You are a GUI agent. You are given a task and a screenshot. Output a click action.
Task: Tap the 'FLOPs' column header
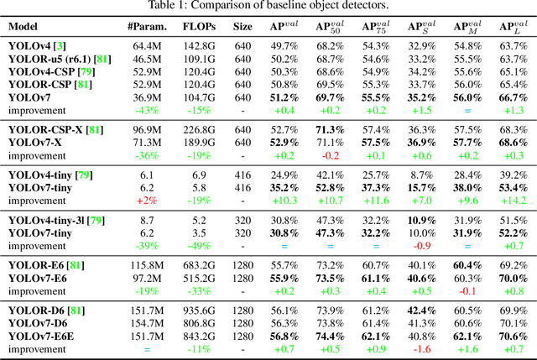coord(198,26)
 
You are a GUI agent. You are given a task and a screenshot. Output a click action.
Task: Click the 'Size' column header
coord(242,26)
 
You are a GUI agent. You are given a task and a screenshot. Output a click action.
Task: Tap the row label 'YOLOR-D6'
coord(34,310)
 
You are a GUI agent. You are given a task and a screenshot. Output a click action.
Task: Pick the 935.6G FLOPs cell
coord(198,310)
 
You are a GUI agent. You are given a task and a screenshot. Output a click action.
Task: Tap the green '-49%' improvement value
coord(198,245)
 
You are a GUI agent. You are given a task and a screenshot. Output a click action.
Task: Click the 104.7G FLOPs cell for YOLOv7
coord(198,98)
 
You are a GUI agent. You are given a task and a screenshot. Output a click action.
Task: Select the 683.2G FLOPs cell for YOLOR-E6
coord(198,265)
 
